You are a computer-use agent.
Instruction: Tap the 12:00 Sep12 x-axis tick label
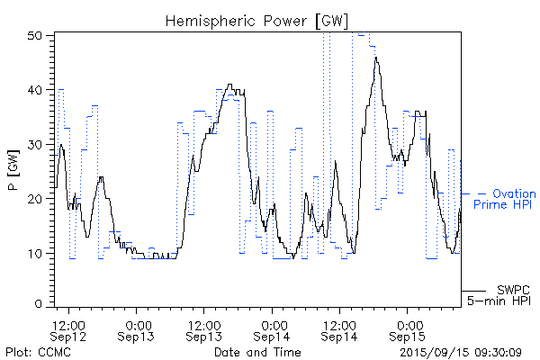tap(69, 329)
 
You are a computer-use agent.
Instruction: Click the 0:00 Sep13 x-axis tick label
tap(137, 329)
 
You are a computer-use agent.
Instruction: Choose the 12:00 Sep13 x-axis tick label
tap(204, 329)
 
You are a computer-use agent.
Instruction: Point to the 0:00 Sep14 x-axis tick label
tap(272, 329)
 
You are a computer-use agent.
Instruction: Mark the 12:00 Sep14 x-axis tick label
tap(339, 329)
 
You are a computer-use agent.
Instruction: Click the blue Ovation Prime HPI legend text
tap(505, 199)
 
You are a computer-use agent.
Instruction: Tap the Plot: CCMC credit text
tap(38, 352)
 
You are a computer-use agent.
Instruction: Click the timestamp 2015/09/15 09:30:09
tap(461, 352)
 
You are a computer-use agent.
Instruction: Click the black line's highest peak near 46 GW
tap(376, 58)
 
